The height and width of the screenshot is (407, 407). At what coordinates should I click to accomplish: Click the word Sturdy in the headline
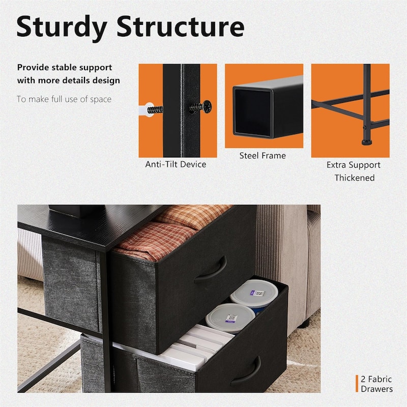click(62, 27)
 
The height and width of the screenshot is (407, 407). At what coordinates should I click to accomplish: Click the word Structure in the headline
click(181, 26)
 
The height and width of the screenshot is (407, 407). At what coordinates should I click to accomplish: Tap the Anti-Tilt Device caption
click(176, 164)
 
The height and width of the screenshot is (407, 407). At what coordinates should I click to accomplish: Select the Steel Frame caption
click(263, 156)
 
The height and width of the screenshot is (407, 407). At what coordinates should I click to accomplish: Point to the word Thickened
click(354, 178)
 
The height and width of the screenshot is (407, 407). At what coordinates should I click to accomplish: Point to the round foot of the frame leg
click(366, 142)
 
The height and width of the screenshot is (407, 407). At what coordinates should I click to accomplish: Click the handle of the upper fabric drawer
click(211, 271)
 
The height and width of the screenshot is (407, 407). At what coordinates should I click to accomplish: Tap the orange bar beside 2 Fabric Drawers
click(357, 384)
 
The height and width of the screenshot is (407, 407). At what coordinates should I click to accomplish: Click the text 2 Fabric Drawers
click(376, 384)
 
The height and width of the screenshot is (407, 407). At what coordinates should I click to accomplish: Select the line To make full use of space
click(64, 99)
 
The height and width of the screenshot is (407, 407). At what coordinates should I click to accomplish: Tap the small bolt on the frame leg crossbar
click(364, 128)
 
